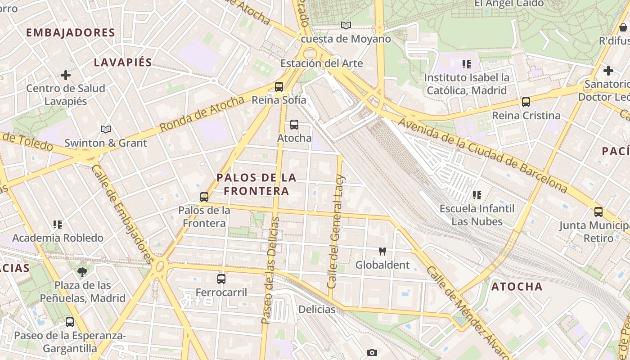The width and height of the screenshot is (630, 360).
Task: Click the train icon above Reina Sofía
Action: tap(279, 86)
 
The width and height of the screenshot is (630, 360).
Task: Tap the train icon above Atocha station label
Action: tap(294, 125)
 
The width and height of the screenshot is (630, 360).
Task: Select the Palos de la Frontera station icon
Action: tap(204, 197)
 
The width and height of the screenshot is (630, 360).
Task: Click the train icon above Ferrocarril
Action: tap(221, 279)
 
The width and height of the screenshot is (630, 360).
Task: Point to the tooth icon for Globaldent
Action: tap(382, 252)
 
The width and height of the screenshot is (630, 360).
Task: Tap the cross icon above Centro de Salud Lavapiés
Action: tap(66, 75)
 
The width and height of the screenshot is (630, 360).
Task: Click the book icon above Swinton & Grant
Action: tap(106, 130)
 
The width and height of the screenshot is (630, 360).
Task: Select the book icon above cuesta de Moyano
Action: tap(346, 26)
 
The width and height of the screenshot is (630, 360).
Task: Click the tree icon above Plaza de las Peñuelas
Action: tap(82, 272)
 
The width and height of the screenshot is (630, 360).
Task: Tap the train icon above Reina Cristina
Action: tap(526, 102)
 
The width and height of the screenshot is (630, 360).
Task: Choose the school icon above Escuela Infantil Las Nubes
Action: tap(477, 195)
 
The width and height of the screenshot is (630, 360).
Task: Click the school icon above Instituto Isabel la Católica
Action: tap(467, 64)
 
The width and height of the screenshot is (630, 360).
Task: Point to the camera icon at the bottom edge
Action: tap(372, 352)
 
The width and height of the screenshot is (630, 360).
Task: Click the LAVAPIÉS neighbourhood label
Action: tap(123, 63)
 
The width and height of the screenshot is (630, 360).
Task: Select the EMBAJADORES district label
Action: tap(71, 33)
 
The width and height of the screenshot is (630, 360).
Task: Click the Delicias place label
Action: tap(317, 310)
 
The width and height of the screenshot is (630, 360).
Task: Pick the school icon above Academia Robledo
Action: tap(57, 224)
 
